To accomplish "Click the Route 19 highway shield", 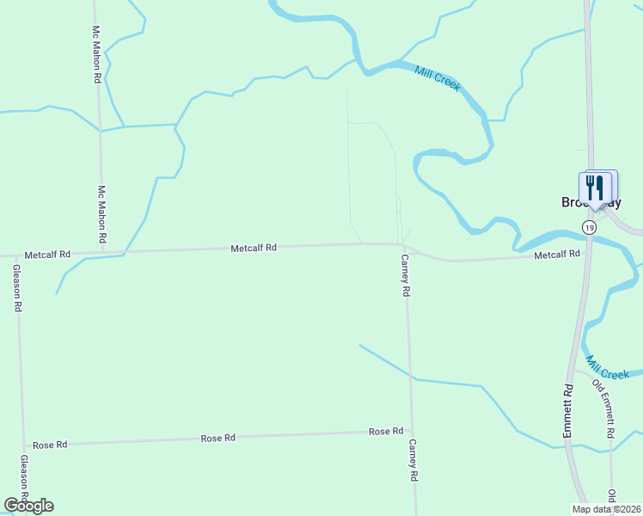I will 588,227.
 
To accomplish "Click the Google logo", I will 28,506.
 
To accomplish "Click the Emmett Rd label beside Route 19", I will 568,412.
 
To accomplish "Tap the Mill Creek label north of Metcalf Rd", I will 438,79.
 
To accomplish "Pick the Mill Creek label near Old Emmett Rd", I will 608,368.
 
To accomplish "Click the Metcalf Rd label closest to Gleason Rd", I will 47,255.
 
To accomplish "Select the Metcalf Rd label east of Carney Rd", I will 557,255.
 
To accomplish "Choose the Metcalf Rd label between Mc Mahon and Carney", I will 254,248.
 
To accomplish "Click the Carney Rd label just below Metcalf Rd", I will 405,276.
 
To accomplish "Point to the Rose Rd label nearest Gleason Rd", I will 50,445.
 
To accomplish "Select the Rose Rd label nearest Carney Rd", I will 386,431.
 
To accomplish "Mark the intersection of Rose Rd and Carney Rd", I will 412,432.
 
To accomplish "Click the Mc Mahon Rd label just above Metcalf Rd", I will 101,213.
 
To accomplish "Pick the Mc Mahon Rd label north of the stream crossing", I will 97,53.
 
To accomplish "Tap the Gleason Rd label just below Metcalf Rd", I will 16,288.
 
